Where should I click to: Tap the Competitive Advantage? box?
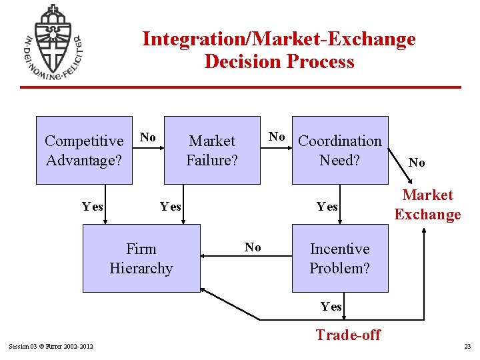[84, 150]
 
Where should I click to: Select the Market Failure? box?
[212, 150]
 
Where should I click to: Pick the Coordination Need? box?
[340, 150]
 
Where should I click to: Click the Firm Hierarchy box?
[141, 258]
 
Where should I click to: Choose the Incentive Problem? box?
[340, 258]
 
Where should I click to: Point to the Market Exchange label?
[427, 205]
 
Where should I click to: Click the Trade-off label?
[348, 335]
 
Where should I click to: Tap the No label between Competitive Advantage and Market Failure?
[148, 137]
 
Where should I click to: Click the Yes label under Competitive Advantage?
[92, 206]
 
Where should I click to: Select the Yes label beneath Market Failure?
[171, 206]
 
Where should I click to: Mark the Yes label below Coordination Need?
[327, 206]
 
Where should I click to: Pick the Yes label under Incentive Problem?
[331, 307]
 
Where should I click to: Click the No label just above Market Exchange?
[417, 163]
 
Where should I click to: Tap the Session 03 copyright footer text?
[51, 345]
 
